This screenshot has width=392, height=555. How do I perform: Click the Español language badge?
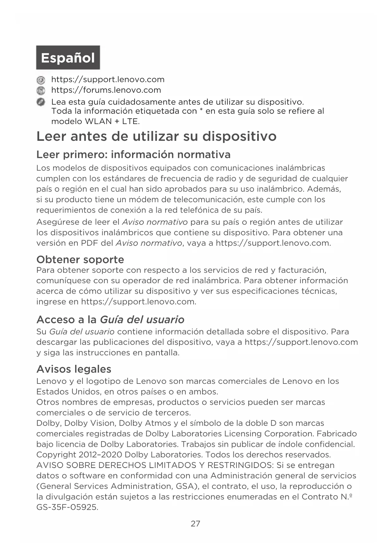[x=68, y=58]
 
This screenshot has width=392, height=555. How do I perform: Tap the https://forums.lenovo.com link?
[x=106, y=90]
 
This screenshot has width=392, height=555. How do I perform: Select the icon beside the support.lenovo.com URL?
[x=40, y=80]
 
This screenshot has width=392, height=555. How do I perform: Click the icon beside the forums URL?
[x=40, y=91]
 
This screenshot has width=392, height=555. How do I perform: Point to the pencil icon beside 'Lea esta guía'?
[x=40, y=102]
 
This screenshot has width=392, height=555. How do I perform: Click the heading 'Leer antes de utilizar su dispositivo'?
[x=156, y=136]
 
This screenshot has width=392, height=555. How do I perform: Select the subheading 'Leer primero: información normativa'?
[x=133, y=154]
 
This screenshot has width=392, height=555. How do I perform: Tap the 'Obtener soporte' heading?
[x=80, y=259]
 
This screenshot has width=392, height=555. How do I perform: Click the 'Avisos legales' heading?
[x=74, y=369]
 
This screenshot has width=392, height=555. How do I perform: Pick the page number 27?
[x=196, y=524]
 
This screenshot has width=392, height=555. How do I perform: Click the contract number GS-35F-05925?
[x=67, y=507]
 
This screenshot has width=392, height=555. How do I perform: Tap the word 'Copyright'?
[x=56, y=455]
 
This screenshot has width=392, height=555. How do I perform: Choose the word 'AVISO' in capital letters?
[x=50, y=465]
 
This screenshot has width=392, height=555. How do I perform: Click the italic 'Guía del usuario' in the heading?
[x=142, y=320]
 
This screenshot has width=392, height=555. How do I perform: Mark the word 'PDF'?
[x=89, y=243]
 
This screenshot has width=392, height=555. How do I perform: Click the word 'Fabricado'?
[x=337, y=434]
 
